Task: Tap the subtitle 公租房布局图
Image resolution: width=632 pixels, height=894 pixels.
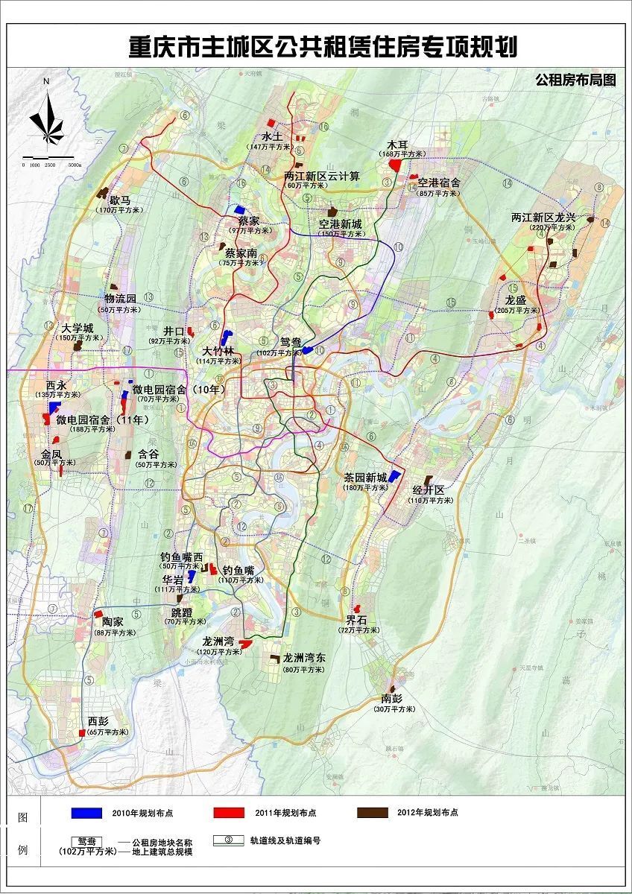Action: click(575, 80)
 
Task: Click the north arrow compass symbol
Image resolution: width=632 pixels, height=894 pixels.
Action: click(47, 119)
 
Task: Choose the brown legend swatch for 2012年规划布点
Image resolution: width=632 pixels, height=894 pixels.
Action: click(372, 812)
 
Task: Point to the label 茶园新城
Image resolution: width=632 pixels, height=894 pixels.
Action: click(365, 478)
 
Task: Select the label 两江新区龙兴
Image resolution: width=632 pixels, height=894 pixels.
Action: click(543, 218)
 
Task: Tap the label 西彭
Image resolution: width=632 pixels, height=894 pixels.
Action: click(98, 722)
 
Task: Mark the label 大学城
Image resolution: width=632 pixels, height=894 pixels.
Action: click(78, 328)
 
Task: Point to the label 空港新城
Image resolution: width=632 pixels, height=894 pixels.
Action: click(340, 224)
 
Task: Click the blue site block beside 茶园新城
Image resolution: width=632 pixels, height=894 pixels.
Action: click(394, 477)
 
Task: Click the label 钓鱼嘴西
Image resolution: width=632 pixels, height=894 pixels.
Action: click(181, 557)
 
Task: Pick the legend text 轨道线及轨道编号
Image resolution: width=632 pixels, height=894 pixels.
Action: click(285, 840)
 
